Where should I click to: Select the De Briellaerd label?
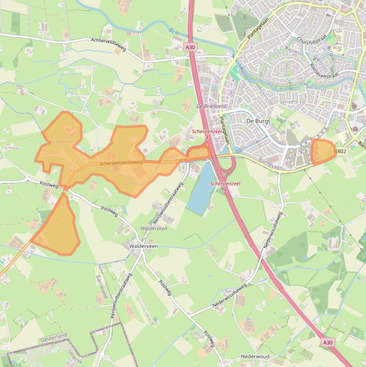[x=212, y=106]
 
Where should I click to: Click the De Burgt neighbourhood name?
[x=258, y=121]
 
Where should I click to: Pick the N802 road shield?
[x=340, y=152]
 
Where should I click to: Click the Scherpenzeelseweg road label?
[x=121, y=163]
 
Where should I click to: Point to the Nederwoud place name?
[x=255, y=357]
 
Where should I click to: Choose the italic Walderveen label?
[x=154, y=228]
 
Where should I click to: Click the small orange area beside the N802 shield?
[x=322, y=152]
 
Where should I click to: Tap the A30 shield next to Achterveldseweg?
[x=190, y=47]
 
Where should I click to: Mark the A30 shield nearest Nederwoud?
[x=327, y=342]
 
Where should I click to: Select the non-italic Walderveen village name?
[x=143, y=246]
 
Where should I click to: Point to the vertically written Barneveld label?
[x=100, y=288]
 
